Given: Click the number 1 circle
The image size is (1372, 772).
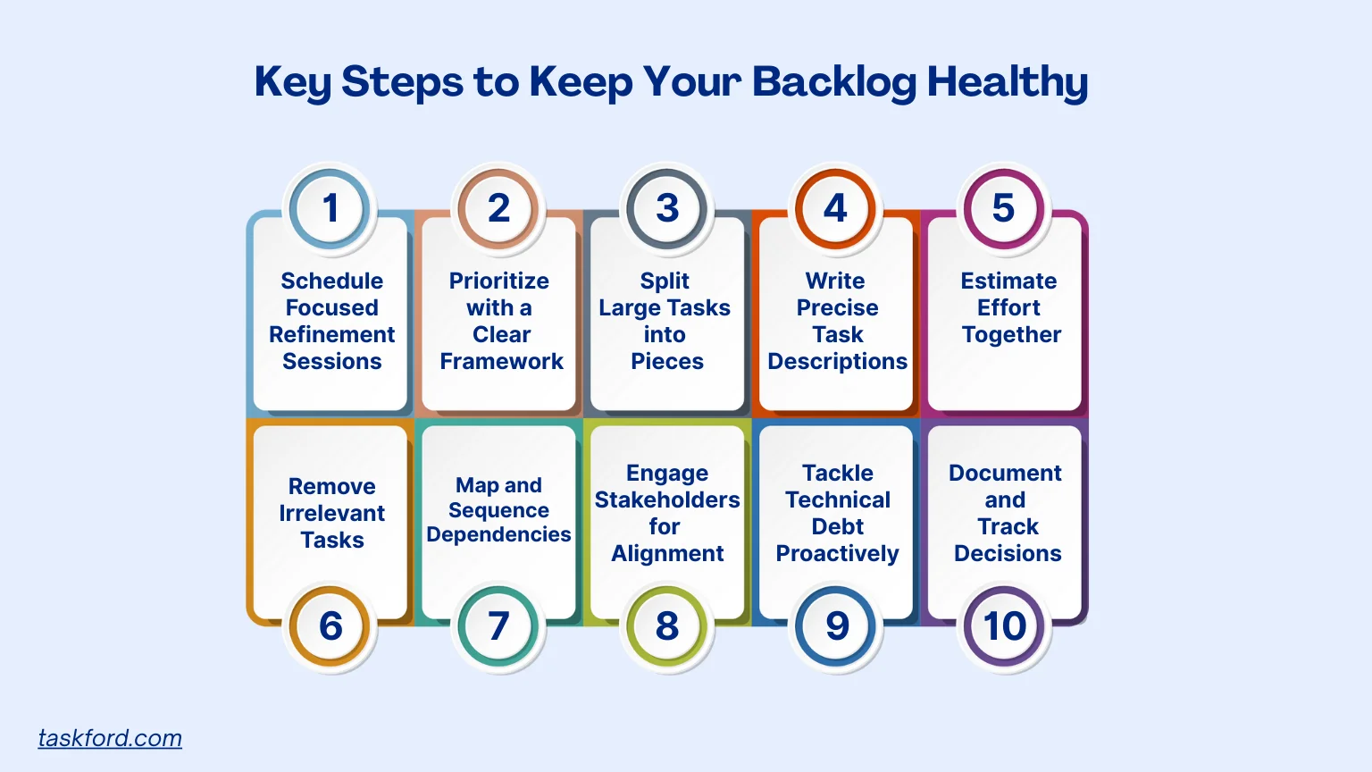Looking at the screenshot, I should pos(330,209).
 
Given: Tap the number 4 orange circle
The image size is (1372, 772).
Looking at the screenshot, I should pos(835,209).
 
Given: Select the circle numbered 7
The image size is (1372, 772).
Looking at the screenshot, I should pos(498,625).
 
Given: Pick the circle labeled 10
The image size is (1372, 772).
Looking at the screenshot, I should pos(1005,625).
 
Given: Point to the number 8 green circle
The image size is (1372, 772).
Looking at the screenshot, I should pos(667,625).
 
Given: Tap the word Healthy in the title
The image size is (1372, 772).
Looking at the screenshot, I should pos(1007,82).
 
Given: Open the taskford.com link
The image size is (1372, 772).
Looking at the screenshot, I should pos(110,738).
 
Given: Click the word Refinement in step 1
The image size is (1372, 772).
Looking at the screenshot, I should pos(331,334).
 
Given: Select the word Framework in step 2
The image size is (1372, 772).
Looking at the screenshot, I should pos(501,361).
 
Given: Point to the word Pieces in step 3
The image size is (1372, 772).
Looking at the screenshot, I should pos(667,361).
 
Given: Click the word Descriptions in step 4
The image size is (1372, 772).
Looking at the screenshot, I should pos(837,361).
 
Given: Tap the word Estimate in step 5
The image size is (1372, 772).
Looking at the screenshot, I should pos(1008,281).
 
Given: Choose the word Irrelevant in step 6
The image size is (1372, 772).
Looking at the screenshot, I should pos(331,513).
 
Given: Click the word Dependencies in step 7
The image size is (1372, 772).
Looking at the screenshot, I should pos(498,534).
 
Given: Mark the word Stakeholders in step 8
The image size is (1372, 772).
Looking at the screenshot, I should pos(667,499).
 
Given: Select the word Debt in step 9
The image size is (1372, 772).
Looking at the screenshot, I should pos(837,526).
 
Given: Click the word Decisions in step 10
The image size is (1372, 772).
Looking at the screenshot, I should pos(1008,553).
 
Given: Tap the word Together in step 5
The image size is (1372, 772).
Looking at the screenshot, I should pos(1011,334).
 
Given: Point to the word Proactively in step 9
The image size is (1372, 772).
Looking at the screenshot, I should pos(837,553).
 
